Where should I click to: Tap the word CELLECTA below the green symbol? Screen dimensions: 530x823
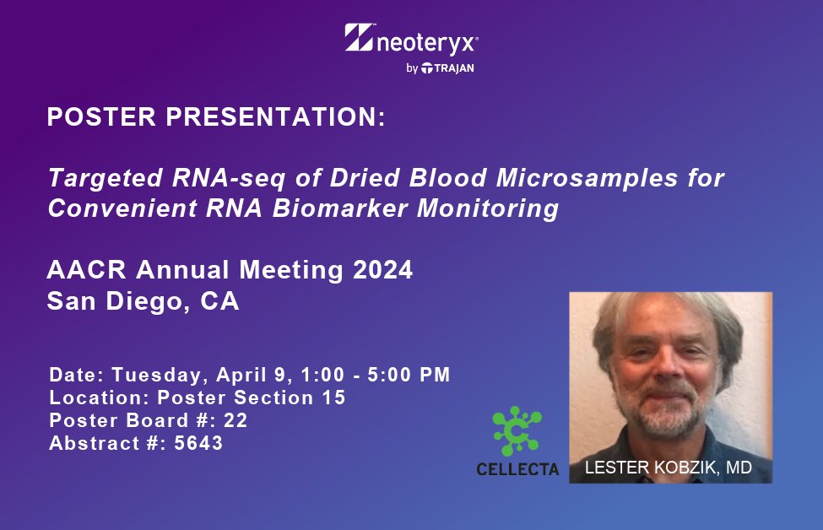pyautogui.click(x=517, y=469)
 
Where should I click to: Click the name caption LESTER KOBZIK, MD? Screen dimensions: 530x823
pyautogui.click(x=670, y=468)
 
